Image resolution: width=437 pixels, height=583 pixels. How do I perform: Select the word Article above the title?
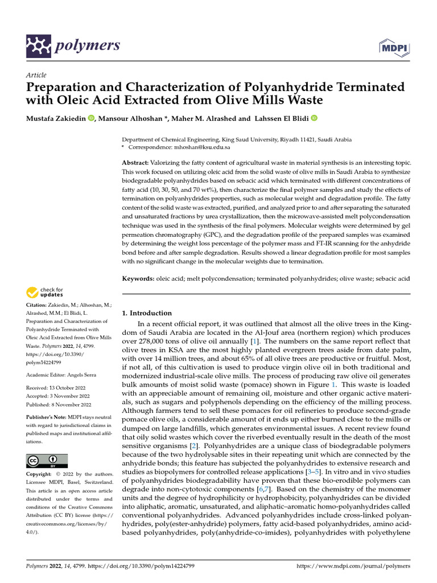[x=36, y=75]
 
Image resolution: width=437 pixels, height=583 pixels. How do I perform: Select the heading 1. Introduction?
[x=147, y=313]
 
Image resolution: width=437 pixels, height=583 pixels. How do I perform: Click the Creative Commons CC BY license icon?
[x=47, y=461]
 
